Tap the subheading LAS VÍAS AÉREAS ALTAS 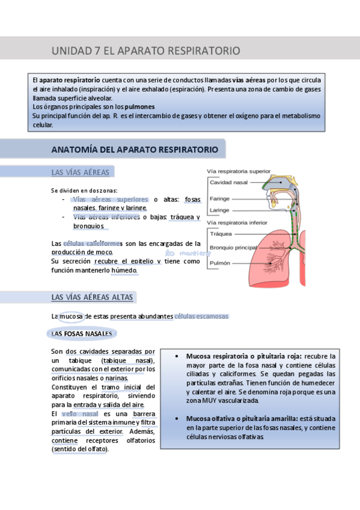(x=93, y=297)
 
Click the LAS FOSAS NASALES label (x=81, y=333)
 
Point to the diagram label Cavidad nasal (x=229, y=182)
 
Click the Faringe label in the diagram (x=219, y=198)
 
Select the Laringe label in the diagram (x=219, y=210)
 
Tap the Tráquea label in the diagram (x=221, y=235)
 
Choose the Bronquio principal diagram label (x=233, y=247)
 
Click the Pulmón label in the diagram (x=220, y=263)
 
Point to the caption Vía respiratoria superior (x=239, y=171)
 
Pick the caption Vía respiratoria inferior (x=237, y=223)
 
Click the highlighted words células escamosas (x=201, y=316)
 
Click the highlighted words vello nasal (x=80, y=414)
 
